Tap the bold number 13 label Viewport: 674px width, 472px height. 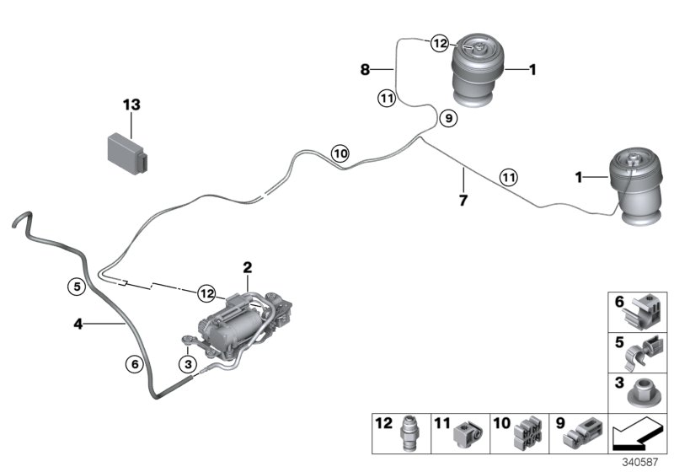coord(131,105)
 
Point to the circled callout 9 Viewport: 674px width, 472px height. coord(447,119)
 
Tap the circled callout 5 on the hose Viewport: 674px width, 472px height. coord(76,286)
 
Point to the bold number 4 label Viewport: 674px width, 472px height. coord(78,322)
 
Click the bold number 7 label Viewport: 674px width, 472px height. coord(463,202)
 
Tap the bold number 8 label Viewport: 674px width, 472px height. coord(366,70)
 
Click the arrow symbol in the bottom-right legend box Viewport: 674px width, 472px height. coord(637,436)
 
